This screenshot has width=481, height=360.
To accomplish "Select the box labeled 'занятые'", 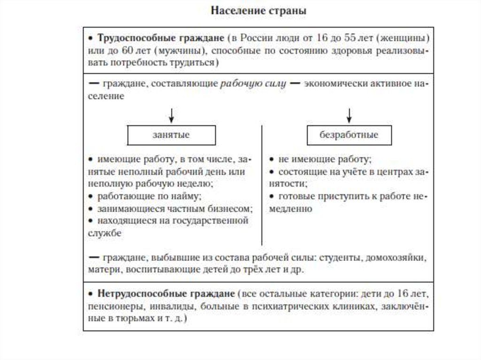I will [171, 135].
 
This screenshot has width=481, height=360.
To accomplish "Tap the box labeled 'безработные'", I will [349, 135].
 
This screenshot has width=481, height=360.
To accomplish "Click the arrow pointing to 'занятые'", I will [171, 115].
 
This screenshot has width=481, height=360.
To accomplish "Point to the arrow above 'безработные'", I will [349, 115].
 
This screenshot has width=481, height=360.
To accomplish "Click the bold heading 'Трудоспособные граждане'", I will [160, 37].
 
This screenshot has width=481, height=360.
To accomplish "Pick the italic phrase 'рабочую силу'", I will [253, 84].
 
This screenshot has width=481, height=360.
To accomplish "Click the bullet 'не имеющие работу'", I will [325, 159].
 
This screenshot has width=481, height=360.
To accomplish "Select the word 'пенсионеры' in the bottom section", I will [112, 306].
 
